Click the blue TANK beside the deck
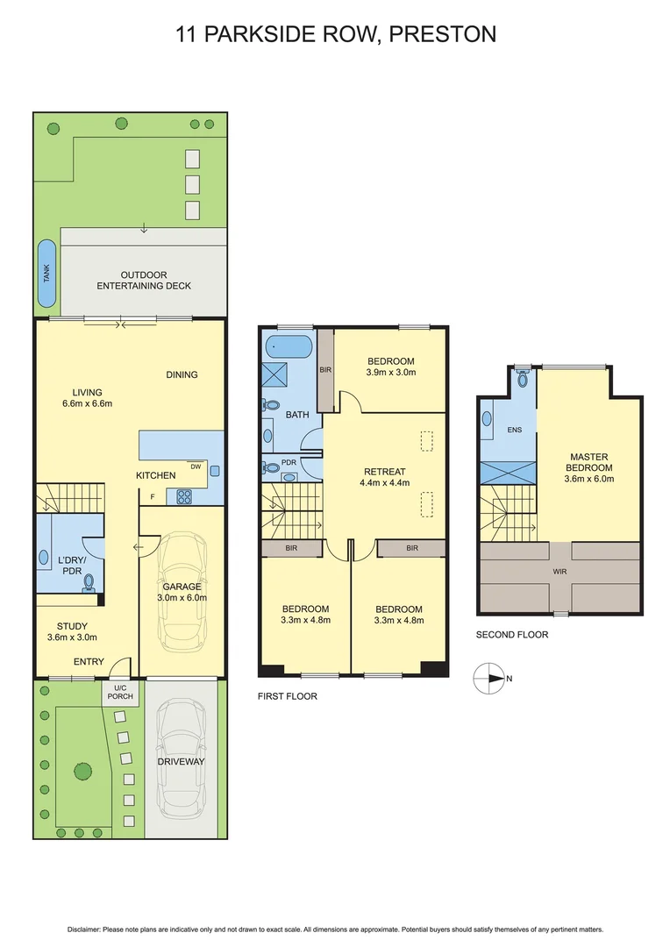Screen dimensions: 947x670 click(x=46, y=273)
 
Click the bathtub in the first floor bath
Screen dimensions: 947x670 click(x=289, y=346)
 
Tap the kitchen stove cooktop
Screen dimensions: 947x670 click(x=185, y=496)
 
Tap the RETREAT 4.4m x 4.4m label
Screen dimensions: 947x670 click(x=383, y=477)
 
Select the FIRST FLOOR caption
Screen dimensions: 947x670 click(x=288, y=696)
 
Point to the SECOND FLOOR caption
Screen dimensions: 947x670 click(x=511, y=634)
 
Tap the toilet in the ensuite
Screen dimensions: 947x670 click(x=523, y=379)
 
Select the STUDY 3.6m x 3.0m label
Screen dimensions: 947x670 click(x=72, y=631)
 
